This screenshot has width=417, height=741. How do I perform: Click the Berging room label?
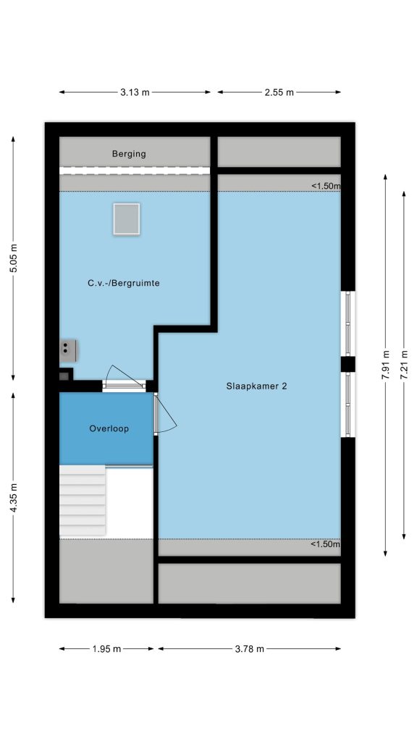[129, 153]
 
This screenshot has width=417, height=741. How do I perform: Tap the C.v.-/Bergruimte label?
[123, 284]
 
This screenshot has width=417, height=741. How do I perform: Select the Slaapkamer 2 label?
[256, 386]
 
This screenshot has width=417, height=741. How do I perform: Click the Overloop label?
[109, 428]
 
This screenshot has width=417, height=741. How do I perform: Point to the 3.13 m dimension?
[135, 93]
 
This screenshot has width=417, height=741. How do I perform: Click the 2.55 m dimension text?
[279, 93]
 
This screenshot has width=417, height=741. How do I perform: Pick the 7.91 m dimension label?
[386, 365]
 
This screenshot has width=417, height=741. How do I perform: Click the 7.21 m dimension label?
[404, 365]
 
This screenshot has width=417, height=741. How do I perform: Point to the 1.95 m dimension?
[106, 649]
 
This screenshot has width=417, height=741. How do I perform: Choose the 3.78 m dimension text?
[249, 649]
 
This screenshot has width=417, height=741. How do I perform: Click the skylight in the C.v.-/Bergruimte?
[126, 219]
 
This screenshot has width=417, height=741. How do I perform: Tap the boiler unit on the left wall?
[68, 351]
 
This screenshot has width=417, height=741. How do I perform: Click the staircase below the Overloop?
[83, 501]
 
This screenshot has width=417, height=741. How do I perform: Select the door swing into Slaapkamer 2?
[166, 414]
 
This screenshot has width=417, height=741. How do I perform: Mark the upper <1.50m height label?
[326, 186]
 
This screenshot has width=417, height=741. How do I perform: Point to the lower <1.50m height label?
[326, 544]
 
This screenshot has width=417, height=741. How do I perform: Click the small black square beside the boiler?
[64, 376]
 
